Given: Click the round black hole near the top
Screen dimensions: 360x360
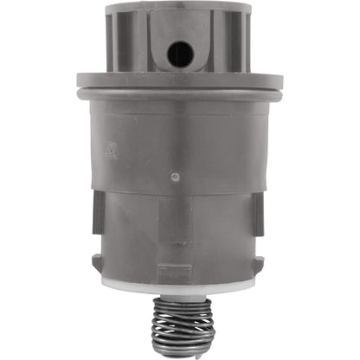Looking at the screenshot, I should pos(180,53).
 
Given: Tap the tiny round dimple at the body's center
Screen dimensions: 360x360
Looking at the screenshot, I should pos(177,177).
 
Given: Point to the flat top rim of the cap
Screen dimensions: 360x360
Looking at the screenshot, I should pos(178,8).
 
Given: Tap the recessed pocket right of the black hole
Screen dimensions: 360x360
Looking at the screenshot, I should pos(220,48).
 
